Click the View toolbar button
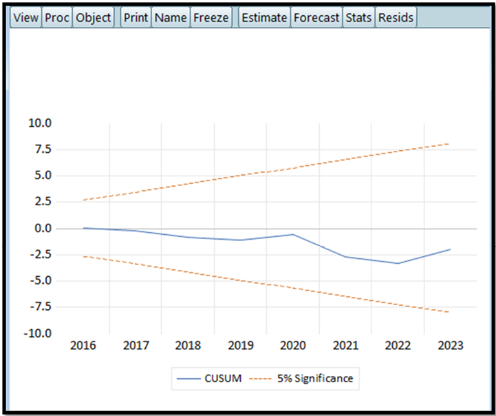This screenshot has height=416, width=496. (x=26, y=18)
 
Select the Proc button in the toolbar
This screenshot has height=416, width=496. (x=57, y=18)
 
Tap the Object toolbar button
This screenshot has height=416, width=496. (x=94, y=18)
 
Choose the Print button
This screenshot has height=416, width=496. (x=136, y=18)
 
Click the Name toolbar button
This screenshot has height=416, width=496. (x=171, y=18)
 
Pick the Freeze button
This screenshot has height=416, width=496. (x=211, y=18)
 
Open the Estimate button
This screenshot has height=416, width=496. (x=264, y=18)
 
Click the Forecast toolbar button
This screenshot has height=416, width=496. (x=316, y=18)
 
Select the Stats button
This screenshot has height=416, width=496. (x=358, y=18)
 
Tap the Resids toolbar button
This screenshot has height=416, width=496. (x=396, y=18)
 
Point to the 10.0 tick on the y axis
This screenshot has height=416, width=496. (x=40, y=123)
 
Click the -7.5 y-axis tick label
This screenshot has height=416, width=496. (x=41, y=306)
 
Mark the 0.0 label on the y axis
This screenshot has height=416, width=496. (x=43, y=228)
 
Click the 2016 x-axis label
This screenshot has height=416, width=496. (x=83, y=345)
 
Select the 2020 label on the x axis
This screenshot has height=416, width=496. (x=293, y=345)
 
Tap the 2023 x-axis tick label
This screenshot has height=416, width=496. (x=451, y=345)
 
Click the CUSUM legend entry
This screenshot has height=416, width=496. (x=209, y=378)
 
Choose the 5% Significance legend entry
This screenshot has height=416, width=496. (x=301, y=378)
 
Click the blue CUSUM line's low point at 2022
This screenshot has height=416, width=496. (x=398, y=263)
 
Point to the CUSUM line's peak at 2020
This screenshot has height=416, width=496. (x=293, y=234)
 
